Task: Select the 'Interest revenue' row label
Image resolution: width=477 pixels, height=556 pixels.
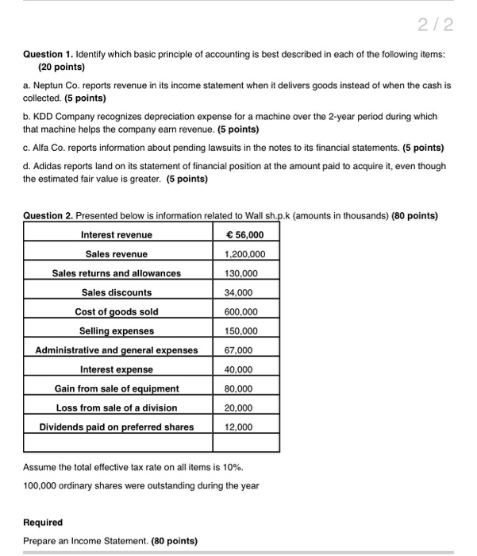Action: (x=116, y=234)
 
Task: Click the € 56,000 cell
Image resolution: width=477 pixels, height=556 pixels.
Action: (x=247, y=234)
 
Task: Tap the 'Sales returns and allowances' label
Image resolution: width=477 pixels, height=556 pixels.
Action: (x=116, y=273)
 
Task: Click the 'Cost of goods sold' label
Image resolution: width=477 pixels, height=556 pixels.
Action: (x=116, y=311)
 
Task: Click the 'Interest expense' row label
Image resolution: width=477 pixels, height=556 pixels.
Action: (x=116, y=369)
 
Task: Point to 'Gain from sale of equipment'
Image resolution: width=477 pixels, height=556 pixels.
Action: (x=116, y=388)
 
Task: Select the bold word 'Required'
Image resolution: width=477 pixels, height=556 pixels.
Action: (x=43, y=522)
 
